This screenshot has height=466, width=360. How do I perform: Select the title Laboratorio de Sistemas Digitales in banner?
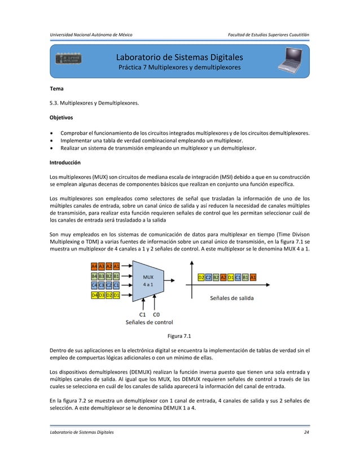coord(179,58)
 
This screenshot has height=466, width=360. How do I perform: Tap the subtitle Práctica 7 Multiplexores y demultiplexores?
coord(179,68)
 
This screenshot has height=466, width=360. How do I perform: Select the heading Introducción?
coord(65,162)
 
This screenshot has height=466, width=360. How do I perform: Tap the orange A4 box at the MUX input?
coord(94,266)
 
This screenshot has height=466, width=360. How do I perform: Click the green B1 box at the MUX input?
coord(116,276)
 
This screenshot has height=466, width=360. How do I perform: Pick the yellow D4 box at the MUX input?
coord(94,295)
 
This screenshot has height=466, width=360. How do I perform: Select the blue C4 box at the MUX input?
coord(94,285)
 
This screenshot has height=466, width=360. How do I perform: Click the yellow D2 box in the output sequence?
coord(201,277)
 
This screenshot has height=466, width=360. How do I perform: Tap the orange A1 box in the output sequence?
coord(253,277)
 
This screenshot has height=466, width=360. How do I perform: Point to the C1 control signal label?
coord(143,315)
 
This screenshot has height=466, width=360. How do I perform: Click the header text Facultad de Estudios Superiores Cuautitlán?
coord(267,35)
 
